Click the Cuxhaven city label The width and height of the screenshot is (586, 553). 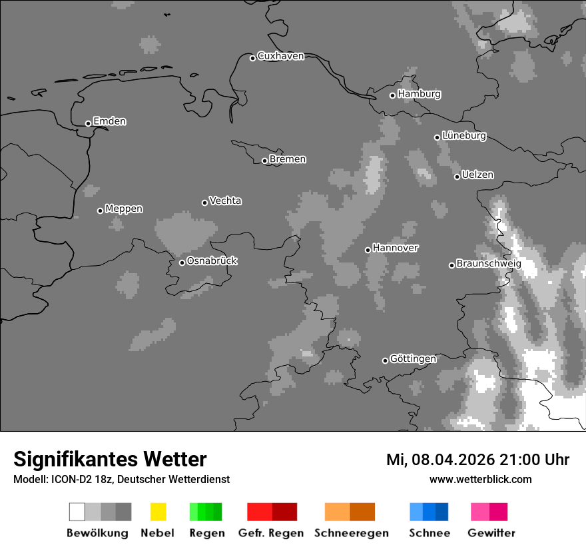(280, 57)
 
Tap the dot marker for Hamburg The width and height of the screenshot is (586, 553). (392, 95)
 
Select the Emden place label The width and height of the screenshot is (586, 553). (109, 121)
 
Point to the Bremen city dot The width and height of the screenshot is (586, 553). (264, 161)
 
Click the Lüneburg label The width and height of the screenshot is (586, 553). (464, 136)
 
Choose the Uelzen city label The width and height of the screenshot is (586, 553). (477, 175)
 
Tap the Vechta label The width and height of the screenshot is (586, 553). (225, 201)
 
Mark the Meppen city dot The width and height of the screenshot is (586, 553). (100, 211)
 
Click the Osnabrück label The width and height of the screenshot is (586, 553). (212, 261)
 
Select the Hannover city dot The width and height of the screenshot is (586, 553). (368, 250)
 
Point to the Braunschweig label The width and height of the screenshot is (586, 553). (489, 264)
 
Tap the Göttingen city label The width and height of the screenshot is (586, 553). (413, 359)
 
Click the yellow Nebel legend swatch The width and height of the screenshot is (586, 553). (158, 512)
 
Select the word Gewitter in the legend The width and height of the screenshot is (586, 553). (491, 533)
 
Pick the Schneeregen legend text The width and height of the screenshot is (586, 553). (352, 533)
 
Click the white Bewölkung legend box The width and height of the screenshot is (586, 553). (77, 512)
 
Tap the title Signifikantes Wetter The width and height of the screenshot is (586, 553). (110, 459)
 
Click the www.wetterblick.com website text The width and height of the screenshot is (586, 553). (480, 479)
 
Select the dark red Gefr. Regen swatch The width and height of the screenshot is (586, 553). (284, 512)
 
